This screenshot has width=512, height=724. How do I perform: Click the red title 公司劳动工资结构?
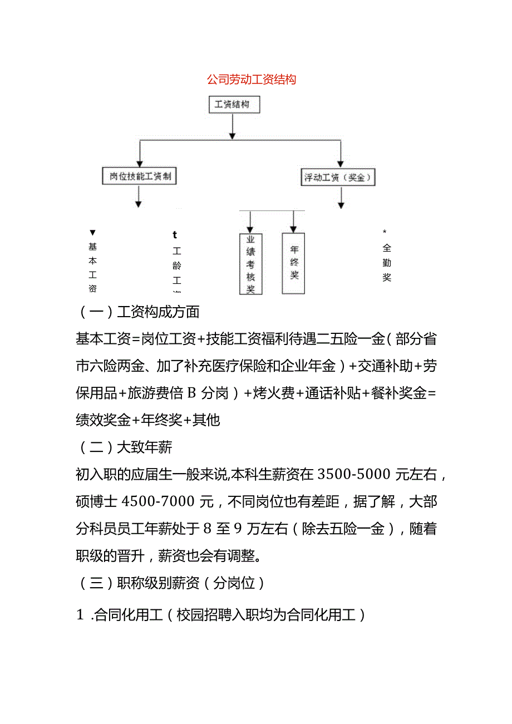tap(252, 80)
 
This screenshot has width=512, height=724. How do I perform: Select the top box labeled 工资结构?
tap(233, 105)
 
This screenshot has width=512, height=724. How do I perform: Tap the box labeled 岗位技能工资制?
tap(139, 177)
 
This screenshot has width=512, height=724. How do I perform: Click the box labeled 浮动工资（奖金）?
tap(338, 178)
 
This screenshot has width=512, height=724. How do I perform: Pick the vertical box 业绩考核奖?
tap(250, 263)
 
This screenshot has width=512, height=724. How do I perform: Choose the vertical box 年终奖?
tap(294, 263)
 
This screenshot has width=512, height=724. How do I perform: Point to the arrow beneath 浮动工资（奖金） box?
tap(341, 198)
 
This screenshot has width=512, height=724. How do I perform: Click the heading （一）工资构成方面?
tap(137, 312)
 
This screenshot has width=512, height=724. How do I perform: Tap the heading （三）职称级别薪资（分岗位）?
tap(170, 583)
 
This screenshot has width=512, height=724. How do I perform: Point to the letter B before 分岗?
tap(191, 393)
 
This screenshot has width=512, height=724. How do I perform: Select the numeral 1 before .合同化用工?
tap(79, 615)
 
